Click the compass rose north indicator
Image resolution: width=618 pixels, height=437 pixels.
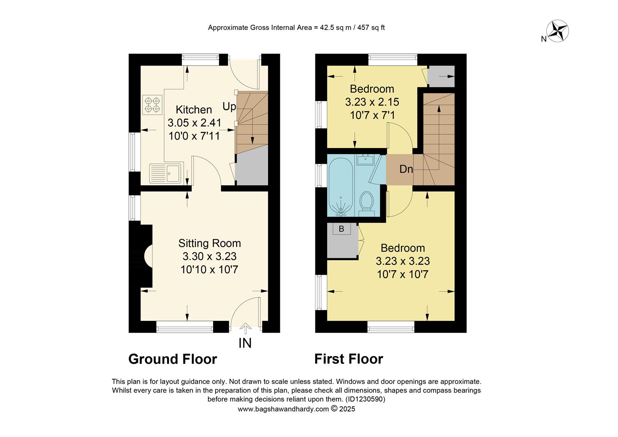pos(558,31)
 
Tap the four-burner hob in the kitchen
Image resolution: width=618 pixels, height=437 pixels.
pos(152,105)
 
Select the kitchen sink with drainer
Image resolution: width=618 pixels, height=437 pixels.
pos(166,174)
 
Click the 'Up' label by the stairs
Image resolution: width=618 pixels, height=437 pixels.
pos(229,106)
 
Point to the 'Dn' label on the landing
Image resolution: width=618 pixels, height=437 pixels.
pos(406,169)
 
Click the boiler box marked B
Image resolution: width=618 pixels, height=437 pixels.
pos(341,229)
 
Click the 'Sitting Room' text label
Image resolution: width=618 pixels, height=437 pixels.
pos(210,243)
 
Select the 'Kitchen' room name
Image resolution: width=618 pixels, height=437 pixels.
pos(194,110)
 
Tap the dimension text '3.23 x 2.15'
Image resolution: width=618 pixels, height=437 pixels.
pos(372,102)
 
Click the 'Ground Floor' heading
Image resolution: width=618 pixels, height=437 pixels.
pos(173,359)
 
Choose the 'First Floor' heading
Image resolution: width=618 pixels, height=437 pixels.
pos(349,359)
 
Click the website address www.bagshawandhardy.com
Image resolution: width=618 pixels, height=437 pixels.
pos(283,409)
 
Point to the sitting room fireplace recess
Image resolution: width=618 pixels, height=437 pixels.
pos(147,256)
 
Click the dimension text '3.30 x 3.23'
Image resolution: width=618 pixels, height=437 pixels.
pos(210,256)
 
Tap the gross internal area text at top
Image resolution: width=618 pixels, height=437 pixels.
pos(296,28)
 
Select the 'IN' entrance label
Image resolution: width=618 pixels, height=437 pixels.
pos(245,343)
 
